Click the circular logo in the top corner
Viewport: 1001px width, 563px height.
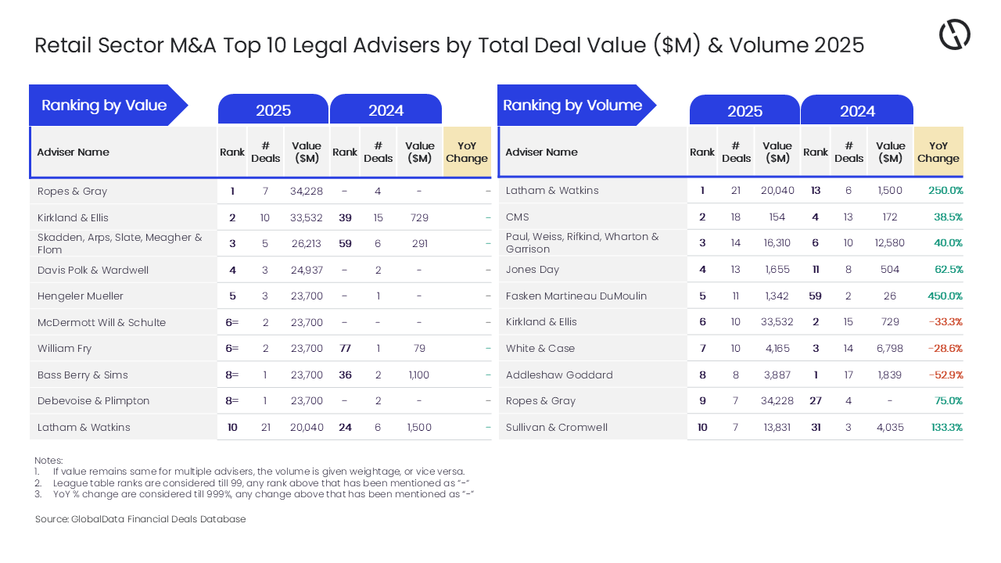[x=954, y=34]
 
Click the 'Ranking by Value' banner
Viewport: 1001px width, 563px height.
[x=104, y=106]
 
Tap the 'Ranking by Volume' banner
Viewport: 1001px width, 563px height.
[x=572, y=106]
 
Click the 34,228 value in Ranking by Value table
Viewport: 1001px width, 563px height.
[x=307, y=192]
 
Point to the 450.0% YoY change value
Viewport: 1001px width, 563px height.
[x=944, y=296]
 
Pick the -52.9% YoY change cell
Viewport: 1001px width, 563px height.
[x=945, y=375]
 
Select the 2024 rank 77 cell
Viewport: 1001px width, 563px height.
[x=345, y=349]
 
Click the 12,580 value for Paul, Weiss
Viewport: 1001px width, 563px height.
[x=890, y=243]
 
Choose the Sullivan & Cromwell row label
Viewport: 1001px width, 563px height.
[x=557, y=427]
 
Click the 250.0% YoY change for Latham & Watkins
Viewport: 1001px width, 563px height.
[x=945, y=191]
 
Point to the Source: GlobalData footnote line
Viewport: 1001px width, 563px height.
[x=141, y=519]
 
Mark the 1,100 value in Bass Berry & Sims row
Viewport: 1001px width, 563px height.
[x=419, y=375]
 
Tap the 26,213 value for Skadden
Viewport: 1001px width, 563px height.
[x=307, y=244]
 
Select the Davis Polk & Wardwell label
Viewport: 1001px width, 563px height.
[x=93, y=271]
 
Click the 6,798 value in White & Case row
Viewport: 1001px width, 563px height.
[x=890, y=349]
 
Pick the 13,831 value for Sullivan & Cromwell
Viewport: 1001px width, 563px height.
[x=777, y=427]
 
